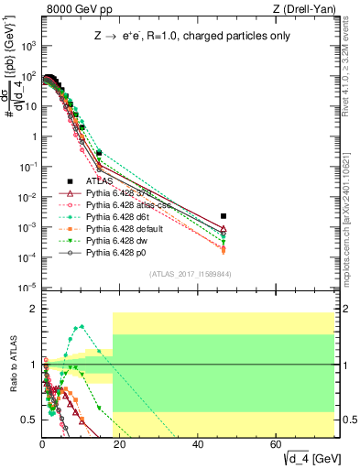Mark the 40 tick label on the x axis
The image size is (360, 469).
tap(199, 443)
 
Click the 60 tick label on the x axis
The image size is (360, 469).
tap(277, 443)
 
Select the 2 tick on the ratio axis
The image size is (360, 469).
tap(36, 310)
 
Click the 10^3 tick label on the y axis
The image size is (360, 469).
tap(28, 46)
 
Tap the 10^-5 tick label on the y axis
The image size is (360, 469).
tap(28, 289)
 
